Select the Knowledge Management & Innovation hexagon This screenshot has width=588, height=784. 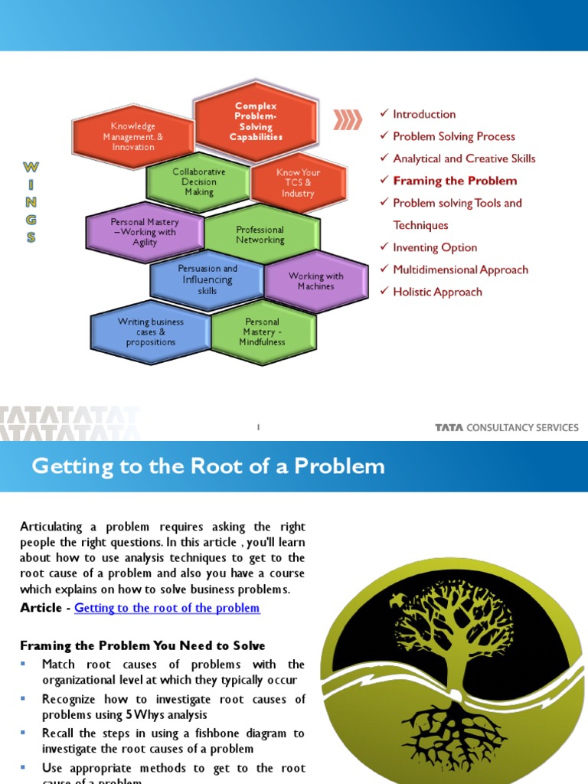pos(133,136)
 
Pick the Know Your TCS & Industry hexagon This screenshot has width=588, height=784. pos(298,183)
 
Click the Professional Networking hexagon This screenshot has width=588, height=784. pos(260,235)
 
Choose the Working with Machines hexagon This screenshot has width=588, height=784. pos(315,281)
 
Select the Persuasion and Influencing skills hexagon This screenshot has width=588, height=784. pos(207,279)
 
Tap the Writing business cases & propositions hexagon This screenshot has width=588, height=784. pos(151,332)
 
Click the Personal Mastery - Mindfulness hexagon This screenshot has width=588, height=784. pos(262,332)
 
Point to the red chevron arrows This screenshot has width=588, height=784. pos(348,119)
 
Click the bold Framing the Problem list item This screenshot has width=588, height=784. pos(455,181)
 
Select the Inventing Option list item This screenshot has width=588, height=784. pos(435,247)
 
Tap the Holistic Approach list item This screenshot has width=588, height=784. pos(437,292)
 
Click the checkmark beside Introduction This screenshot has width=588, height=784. pos(384,114)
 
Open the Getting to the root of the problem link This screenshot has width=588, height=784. pos(167,608)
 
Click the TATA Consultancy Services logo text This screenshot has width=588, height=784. pos(507,427)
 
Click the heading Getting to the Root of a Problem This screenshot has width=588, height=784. pos(207,466)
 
